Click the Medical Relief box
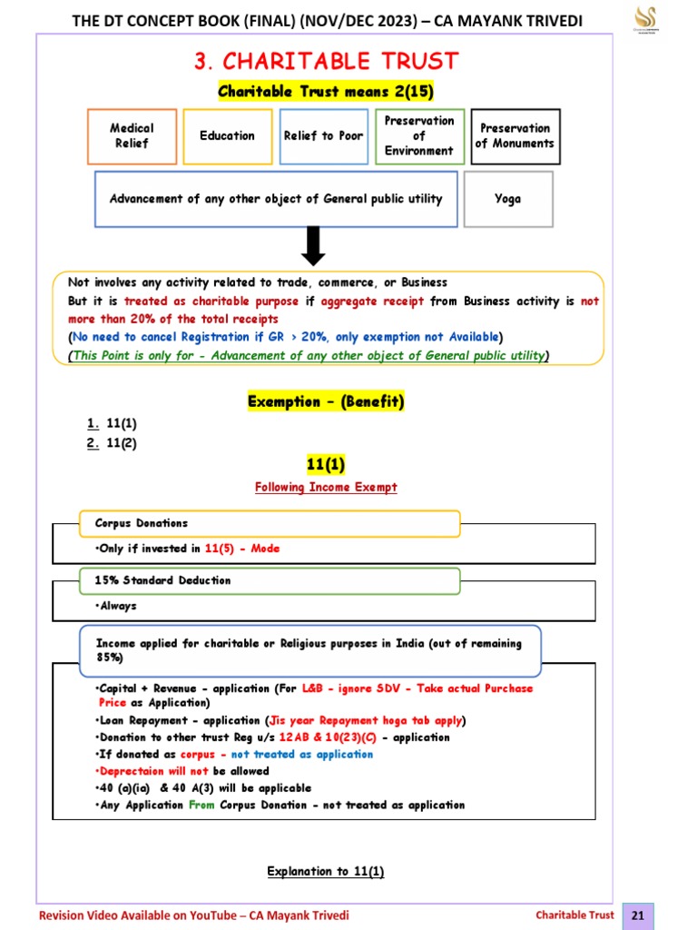[133, 136]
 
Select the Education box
[227, 136]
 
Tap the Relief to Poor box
[322, 136]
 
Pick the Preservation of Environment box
[419, 136]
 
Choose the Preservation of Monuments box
[515, 136]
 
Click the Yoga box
[508, 199]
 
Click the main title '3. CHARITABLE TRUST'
[326, 62]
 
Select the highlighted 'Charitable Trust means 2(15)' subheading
[326, 92]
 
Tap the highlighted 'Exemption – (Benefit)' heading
[326, 401]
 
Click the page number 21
[637, 915]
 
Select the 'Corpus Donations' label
[142, 524]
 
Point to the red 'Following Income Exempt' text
[326, 488]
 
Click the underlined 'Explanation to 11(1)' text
[326, 872]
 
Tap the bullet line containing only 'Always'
[114, 606]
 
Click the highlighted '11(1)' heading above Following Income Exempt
[326, 465]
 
